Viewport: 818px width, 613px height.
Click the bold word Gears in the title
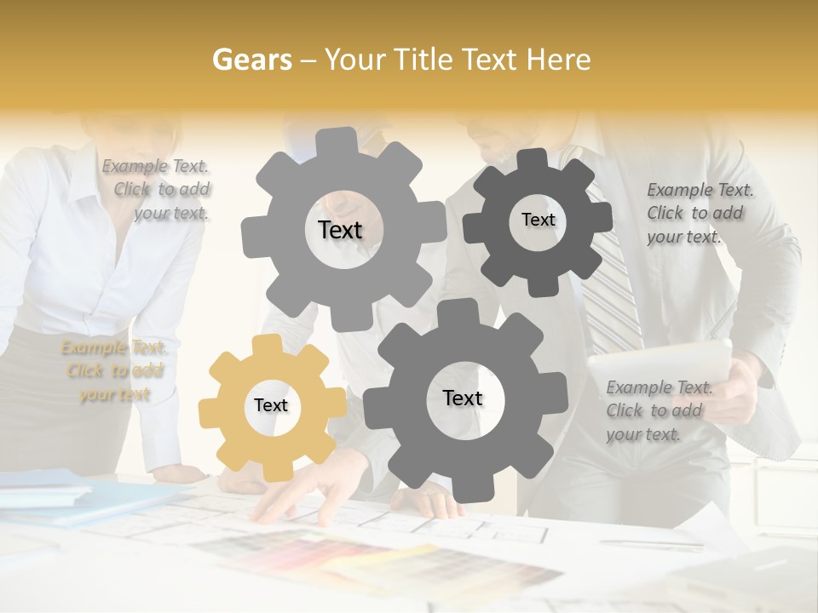251,60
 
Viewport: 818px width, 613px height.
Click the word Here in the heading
558,60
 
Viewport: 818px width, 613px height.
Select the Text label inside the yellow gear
271,406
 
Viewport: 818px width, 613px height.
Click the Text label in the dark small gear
538,220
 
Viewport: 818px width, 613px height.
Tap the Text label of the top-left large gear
340,230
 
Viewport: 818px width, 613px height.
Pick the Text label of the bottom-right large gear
463,398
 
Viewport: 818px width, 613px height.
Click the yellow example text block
114,371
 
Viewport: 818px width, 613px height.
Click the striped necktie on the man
613,281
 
